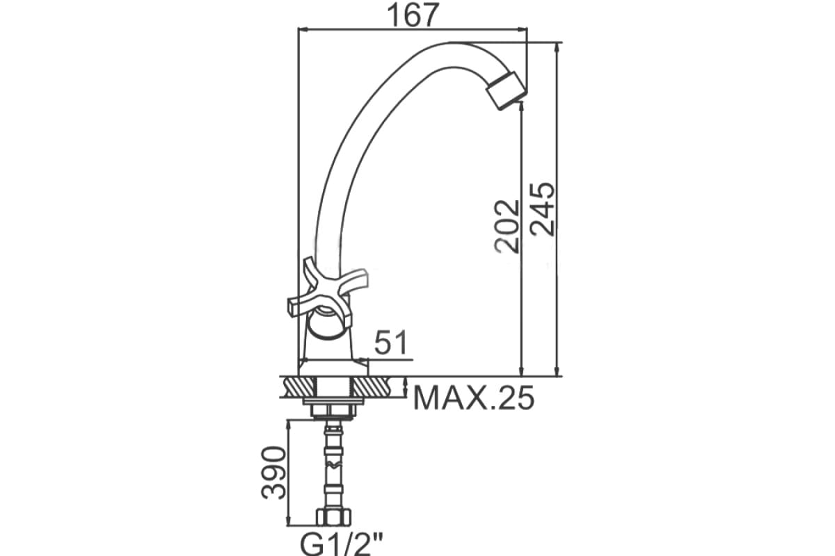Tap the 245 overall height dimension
542,209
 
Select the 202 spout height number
507,227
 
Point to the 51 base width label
391,342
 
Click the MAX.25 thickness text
474,398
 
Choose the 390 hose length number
273,473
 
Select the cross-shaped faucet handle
327,292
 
